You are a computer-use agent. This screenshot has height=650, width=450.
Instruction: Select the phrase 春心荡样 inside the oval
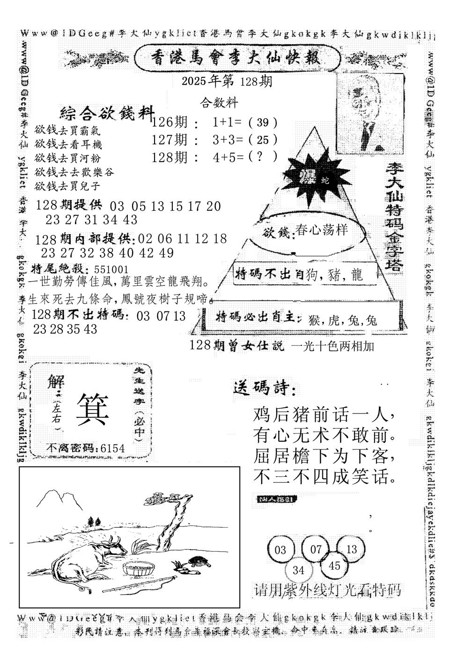[x=322, y=231]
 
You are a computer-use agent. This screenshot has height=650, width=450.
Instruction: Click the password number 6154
[x=112, y=449]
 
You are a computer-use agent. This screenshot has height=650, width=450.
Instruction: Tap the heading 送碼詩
[x=264, y=388]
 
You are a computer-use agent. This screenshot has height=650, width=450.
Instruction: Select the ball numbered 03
[x=280, y=549]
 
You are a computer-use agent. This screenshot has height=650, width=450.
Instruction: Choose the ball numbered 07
[x=316, y=548]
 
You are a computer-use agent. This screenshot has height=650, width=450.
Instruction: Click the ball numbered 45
[x=334, y=566]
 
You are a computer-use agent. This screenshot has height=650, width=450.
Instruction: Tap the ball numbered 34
[x=298, y=570]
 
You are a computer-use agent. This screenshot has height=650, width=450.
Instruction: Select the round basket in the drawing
[x=138, y=568]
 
